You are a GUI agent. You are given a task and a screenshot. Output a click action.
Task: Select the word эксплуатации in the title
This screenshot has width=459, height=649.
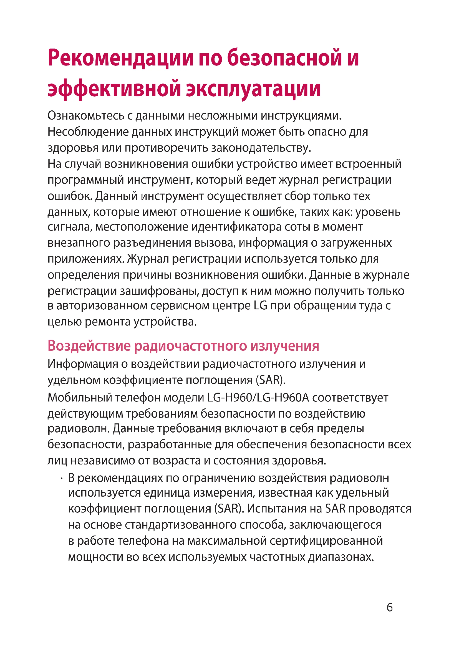[253, 89]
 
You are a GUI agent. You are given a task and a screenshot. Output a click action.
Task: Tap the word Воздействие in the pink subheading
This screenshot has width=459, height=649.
[89, 346]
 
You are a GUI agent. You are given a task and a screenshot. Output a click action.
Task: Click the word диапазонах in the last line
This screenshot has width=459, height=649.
[341, 557]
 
